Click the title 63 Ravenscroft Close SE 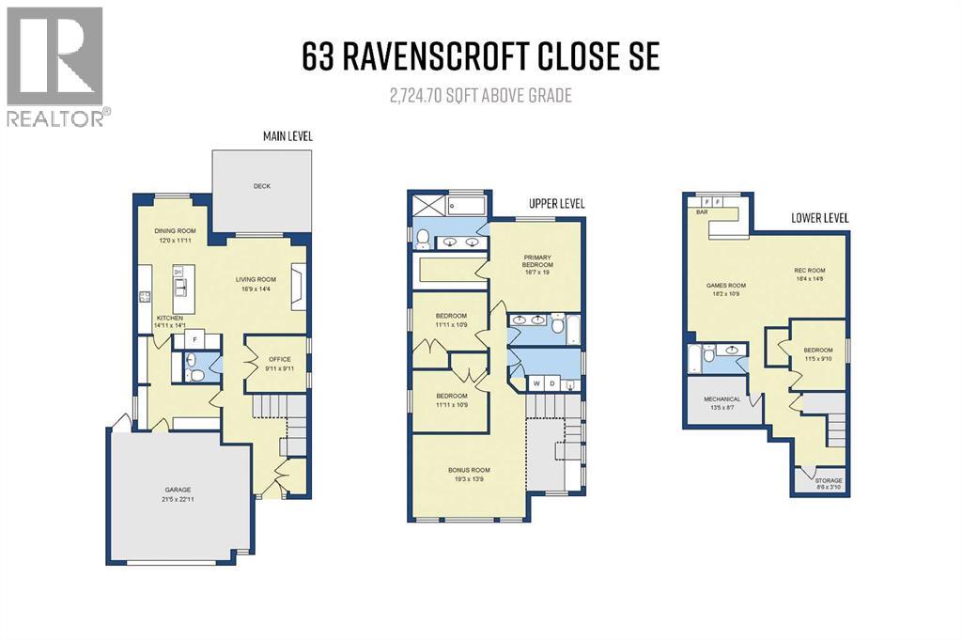point(480,57)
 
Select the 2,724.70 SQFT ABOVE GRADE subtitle point(481,95)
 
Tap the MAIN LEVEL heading point(287,137)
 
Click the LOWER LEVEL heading point(818,217)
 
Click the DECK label point(261,186)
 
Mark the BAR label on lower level point(700,212)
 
